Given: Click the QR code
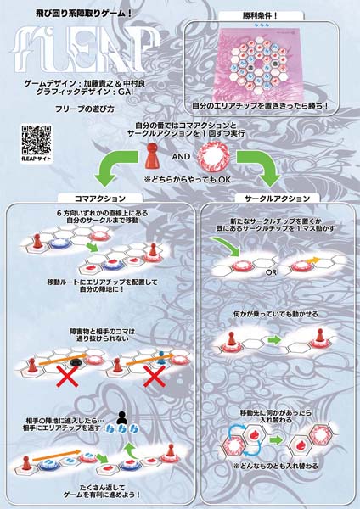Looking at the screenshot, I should [31, 137].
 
